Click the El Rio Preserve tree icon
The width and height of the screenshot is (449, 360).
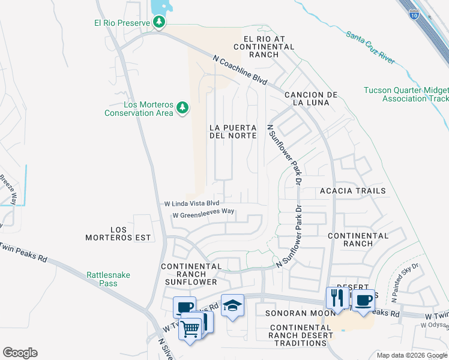tap(159, 23)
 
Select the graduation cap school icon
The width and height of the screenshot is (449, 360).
tap(232, 306)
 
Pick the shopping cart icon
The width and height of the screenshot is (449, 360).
tap(190, 328)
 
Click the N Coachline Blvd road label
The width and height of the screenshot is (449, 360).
tap(240, 70)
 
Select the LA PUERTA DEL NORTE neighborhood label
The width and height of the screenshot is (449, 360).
tap(233, 131)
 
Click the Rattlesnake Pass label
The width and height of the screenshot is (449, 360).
tap(108, 280)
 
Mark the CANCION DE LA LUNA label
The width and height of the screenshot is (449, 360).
tap(311, 99)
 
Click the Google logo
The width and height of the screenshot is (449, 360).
tap(20, 353)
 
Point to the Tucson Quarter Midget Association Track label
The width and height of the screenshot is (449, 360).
tap(406, 94)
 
